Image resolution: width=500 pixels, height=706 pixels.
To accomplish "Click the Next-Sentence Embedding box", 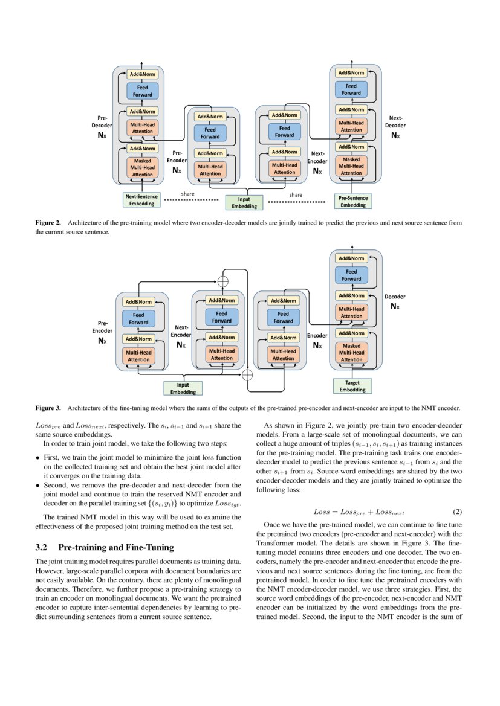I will click(141, 200).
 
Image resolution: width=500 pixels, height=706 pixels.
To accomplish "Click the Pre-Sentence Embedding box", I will click(353, 201).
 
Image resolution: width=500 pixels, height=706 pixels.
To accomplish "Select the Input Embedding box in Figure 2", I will click(244, 202).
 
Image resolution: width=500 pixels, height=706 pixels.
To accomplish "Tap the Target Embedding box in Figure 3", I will click(352, 386).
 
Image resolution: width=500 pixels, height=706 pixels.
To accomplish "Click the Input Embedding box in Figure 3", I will click(183, 388).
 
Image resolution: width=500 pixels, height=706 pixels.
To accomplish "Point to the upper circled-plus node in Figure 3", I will click(223, 281).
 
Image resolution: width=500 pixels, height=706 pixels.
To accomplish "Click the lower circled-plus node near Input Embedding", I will click(247, 375).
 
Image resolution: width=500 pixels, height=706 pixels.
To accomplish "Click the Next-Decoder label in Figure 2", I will click(395, 122).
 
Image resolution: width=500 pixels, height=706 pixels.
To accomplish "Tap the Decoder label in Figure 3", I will click(395, 297).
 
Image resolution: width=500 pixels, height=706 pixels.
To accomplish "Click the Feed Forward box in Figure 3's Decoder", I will click(351, 275).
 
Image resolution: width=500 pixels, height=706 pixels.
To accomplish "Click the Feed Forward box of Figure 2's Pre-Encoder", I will click(210, 133).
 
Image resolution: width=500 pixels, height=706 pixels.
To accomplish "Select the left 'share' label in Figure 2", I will click(187, 194).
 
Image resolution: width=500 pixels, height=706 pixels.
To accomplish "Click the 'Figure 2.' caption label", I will click(48, 223).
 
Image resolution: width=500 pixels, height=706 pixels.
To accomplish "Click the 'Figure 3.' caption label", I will click(48, 408).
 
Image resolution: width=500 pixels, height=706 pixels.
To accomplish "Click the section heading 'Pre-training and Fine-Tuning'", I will click(115, 547).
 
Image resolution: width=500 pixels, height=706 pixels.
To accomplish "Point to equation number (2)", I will click(457, 512).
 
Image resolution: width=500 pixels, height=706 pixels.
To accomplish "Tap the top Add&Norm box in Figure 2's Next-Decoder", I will click(351, 72).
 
